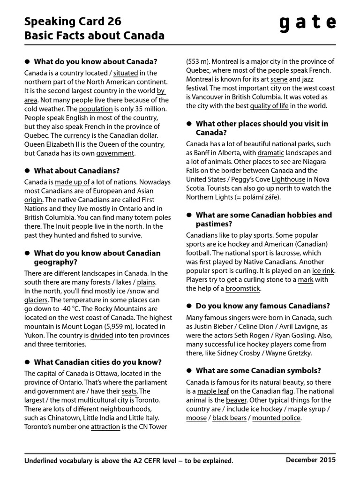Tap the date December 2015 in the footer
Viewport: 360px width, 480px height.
pos(311,460)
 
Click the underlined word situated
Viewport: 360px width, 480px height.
pos(126,73)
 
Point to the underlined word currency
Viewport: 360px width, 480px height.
pos(76,135)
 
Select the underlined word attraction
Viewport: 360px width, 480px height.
pos(105,427)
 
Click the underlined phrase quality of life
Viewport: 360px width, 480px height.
pos(269,106)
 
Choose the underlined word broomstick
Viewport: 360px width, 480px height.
pos(242,289)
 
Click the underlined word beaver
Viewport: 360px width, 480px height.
pos(236,400)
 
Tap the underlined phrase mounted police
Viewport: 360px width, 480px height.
pos(276,418)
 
